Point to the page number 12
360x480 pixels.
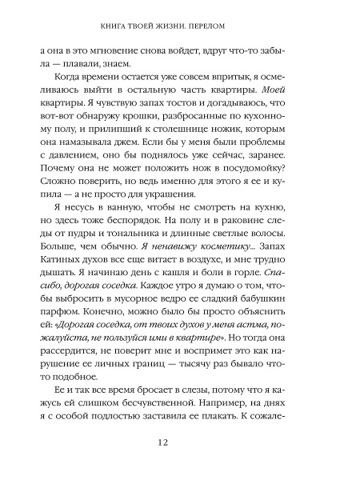[x=180, y=442]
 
